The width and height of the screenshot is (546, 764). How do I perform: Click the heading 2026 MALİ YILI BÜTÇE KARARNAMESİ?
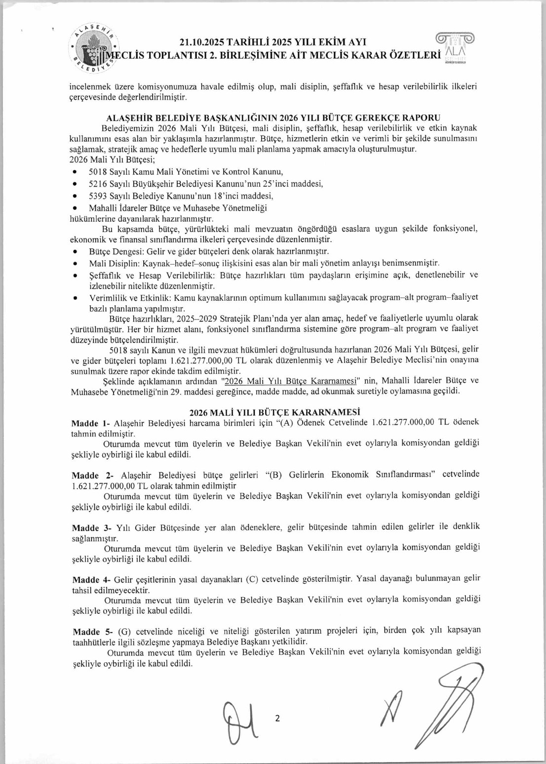pos(275,412)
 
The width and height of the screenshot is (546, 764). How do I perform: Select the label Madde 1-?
pos(91,423)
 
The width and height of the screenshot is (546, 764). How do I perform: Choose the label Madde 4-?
pos(92,580)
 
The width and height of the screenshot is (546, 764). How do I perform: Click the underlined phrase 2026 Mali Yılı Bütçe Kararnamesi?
pos(290,381)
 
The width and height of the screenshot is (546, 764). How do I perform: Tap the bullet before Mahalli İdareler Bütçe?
pos(75,208)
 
